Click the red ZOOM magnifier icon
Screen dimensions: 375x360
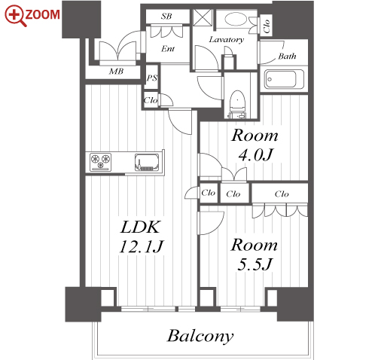tap(15, 16)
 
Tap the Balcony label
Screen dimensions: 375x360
tap(200, 336)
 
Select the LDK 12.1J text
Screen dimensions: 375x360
tap(142, 237)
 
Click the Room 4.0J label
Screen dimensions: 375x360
tap(255, 145)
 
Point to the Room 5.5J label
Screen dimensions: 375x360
tap(255, 255)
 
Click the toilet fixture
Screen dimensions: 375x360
tap(237, 104)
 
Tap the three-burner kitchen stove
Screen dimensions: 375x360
tap(101, 162)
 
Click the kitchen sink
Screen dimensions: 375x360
tap(147, 162)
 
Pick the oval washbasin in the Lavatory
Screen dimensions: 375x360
tap(236, 20)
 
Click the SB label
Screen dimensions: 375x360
tap(166, 17)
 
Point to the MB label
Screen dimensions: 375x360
tap(116, 72)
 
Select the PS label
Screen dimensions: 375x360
tap(152, 78)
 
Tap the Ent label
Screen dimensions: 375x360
tap(168, 48)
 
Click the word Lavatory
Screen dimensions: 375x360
tap(227, 40)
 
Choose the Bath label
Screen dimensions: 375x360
tap(287, 56)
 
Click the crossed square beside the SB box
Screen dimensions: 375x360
tap(203, 17)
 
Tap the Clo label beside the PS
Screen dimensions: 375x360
tap(151, 100)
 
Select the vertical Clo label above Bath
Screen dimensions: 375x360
tap(267, 26)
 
